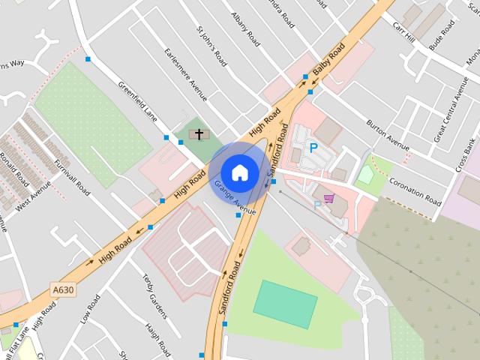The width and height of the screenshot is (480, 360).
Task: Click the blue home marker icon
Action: point(239,172)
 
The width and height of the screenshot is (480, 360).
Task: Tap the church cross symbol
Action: point(199,135)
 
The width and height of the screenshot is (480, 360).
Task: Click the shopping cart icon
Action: point(328,201)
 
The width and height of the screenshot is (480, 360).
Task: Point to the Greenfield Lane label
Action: point(136,101)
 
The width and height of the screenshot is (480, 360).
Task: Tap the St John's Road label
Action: point(211,47)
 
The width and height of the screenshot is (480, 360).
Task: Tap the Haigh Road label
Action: point(159,339)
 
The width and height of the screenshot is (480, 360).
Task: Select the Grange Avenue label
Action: point(235,196)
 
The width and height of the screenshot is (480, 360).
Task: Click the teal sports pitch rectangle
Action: point(285,304)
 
